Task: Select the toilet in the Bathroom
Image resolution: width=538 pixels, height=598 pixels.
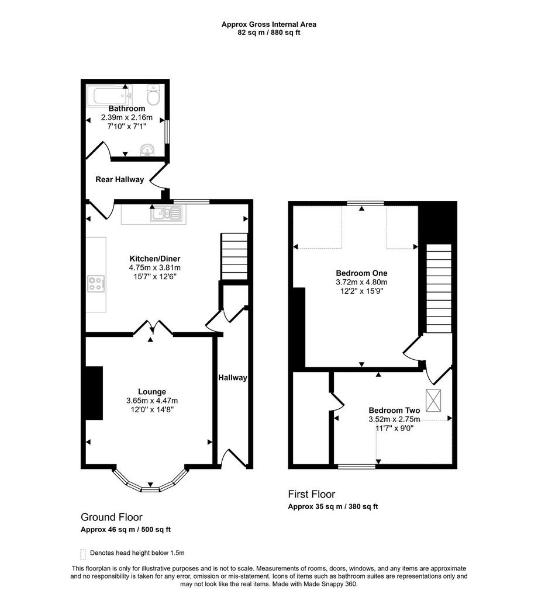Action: click(x=153, y=95)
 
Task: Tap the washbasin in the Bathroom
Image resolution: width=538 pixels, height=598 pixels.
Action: click(x=147, y=150)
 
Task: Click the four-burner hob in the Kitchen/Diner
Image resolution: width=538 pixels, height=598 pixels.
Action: click(x=96, y=284)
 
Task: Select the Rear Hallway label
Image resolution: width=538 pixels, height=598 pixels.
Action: click(x=119, y=179)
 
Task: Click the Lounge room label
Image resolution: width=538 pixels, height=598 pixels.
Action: click(x=152, y=392)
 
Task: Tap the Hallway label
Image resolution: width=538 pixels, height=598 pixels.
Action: click(x=233, y=378)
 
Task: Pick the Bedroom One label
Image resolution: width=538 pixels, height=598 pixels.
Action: click(x=361, y=273)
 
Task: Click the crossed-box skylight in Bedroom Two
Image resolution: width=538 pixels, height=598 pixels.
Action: click(x=433, y=401)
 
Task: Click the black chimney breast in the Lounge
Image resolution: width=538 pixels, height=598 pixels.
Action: click(x=94, y=393)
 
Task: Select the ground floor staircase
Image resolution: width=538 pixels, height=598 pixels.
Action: click(x=234, y=257)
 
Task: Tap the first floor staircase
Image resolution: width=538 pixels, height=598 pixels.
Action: click(x=439, y=288)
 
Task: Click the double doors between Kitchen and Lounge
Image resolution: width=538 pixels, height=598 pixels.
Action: click(x=153, y=328)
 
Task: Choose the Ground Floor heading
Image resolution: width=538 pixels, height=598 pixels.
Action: click(x=112, y=517)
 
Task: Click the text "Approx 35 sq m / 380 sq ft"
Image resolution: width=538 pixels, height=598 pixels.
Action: click(x=333, y=506)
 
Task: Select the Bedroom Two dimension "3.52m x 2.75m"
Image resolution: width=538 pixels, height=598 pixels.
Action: click(x=394, y=419)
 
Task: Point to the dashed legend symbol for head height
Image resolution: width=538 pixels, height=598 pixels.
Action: click(x=83, y=554)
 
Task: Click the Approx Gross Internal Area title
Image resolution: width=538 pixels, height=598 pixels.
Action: click(x=269, y=25)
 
